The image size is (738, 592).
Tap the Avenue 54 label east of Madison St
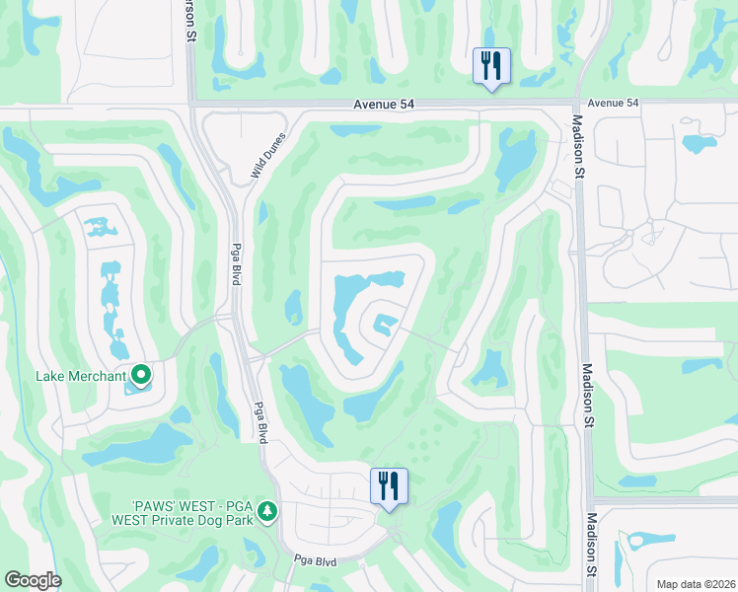[613, 103]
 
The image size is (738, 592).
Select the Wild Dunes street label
[265, 158]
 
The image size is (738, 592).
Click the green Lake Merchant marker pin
[141, 374]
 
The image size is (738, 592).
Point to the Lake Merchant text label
[81, 375]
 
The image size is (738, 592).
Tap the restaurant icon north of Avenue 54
[490, 66]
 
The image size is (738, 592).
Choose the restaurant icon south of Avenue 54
[389, 485]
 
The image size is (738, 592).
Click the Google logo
[33, 580]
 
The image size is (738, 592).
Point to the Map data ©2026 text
[696, 584]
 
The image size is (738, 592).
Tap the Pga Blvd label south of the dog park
[317, 560]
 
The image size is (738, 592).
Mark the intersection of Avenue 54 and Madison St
[576, 102]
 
